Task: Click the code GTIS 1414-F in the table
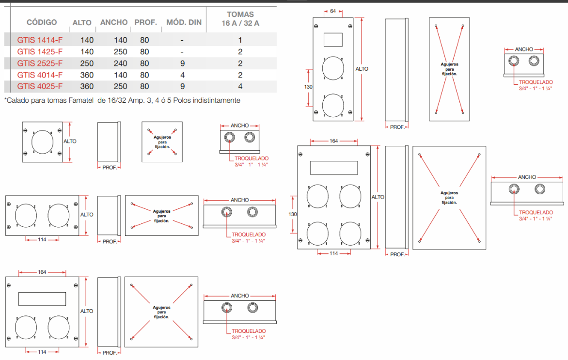[40, 40]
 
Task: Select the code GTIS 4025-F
[40, 87]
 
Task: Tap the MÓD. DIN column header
[184, 22]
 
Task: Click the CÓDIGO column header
[42, 22]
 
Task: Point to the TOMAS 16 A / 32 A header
[240, 19]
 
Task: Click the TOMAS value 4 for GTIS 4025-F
[240, 87]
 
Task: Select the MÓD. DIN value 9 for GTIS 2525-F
[182, 63]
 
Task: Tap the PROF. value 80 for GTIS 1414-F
[144, 40]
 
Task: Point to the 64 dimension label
[333, 11]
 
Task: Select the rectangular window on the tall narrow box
[333, 39]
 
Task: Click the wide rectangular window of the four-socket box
[333, 168]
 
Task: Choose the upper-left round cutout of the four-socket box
[318, 197]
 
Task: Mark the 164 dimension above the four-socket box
[333, 141]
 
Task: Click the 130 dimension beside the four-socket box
[292, 214]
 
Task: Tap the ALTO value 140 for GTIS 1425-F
[87, 52]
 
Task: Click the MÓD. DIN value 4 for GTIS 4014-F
[182, 75]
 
